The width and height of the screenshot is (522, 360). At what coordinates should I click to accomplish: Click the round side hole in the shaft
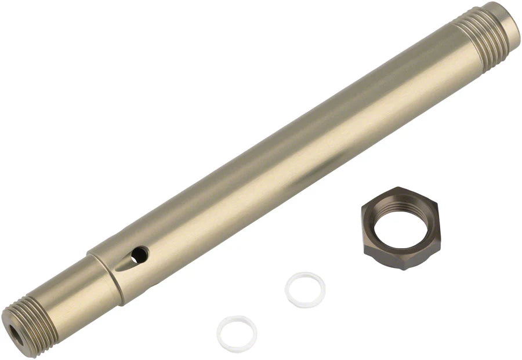click(x=139, y=254)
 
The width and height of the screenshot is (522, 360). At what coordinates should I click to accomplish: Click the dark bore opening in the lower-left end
click(x=13, y=332)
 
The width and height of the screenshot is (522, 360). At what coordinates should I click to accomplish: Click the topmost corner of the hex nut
click(x=398, y=187)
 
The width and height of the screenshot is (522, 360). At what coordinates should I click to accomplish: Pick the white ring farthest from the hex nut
click(x=237, y=334)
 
